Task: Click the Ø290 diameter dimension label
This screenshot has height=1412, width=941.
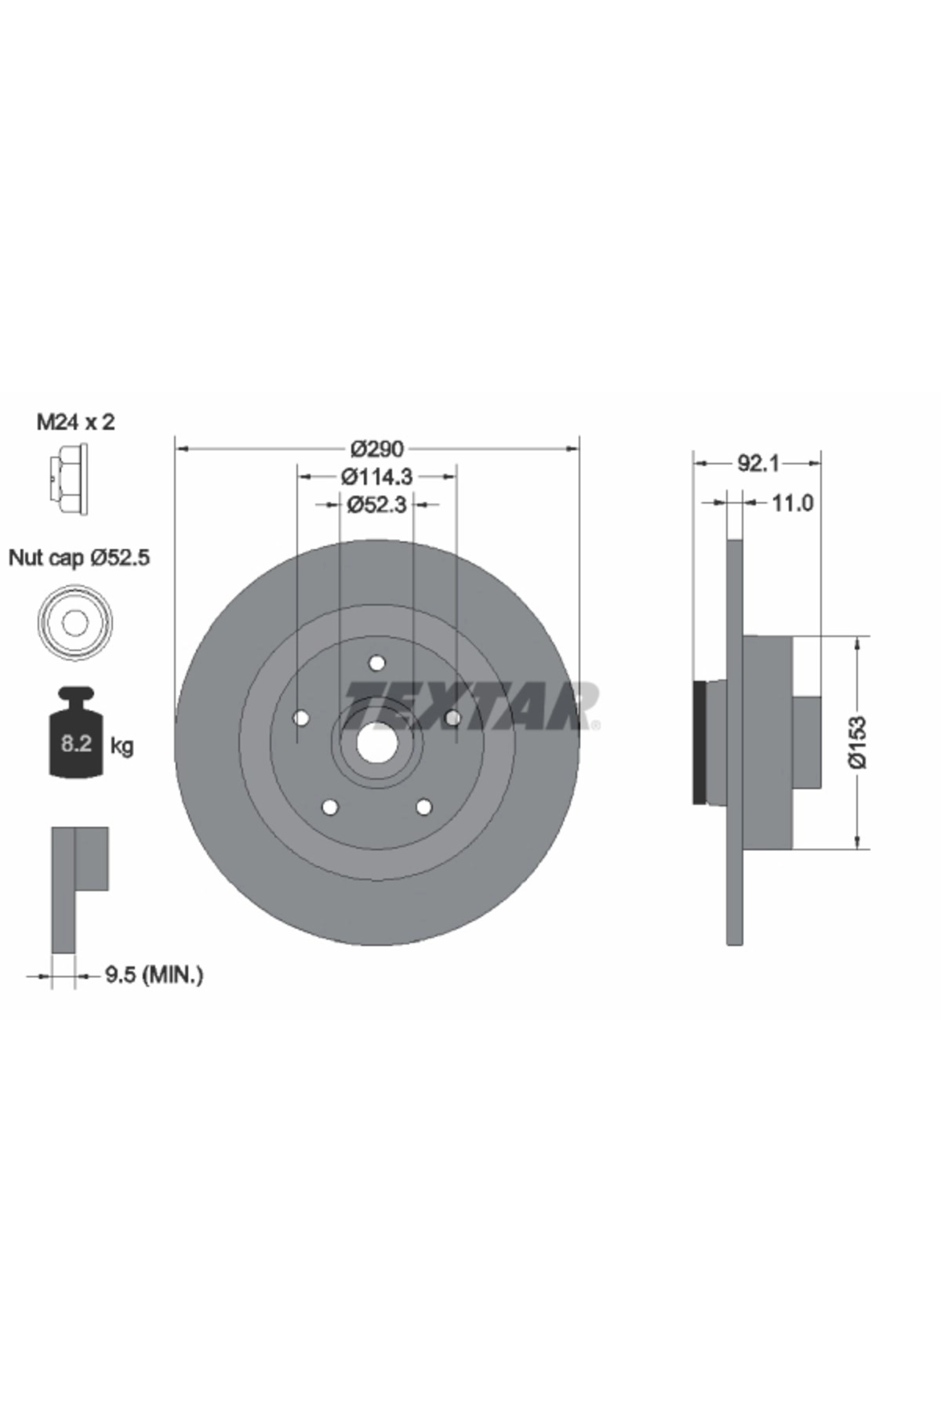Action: point(376,449)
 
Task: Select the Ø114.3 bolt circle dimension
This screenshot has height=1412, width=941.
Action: point(376,476)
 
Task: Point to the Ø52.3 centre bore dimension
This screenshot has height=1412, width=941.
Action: point(376,504)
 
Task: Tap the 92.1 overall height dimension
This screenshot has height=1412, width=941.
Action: point(757,464)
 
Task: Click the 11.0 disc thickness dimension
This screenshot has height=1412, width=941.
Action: point(793,503)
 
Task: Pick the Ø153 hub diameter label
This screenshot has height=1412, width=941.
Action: point(860,741)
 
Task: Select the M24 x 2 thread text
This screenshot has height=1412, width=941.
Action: point(76,422)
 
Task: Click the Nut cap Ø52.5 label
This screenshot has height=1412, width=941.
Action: point(79,558)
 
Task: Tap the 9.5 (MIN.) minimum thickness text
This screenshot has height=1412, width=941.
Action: point(154,975)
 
